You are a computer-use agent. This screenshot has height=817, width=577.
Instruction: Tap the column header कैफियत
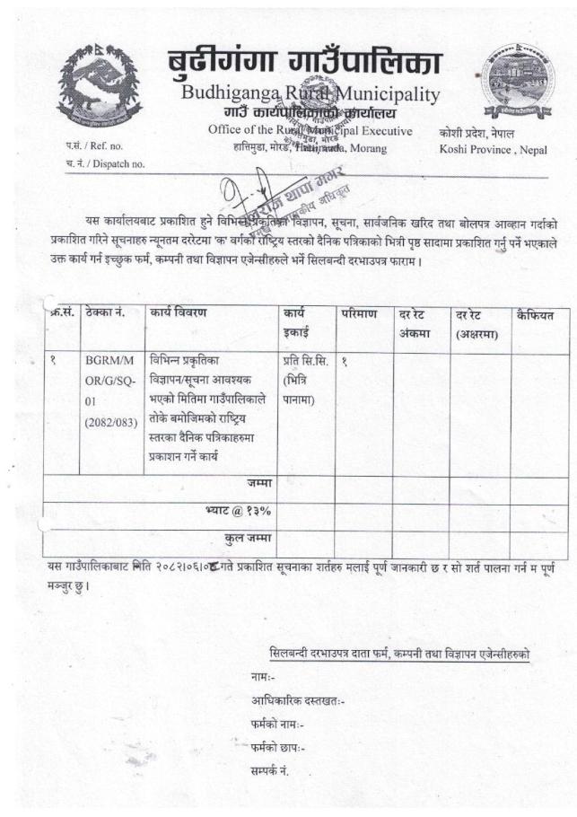pos(537,314)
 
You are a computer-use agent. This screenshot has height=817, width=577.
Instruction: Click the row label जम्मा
pos(259,485)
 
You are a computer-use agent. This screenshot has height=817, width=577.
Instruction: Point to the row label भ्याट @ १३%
pos(239,512)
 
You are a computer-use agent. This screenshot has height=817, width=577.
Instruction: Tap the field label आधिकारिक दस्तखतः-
pos(299,701)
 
